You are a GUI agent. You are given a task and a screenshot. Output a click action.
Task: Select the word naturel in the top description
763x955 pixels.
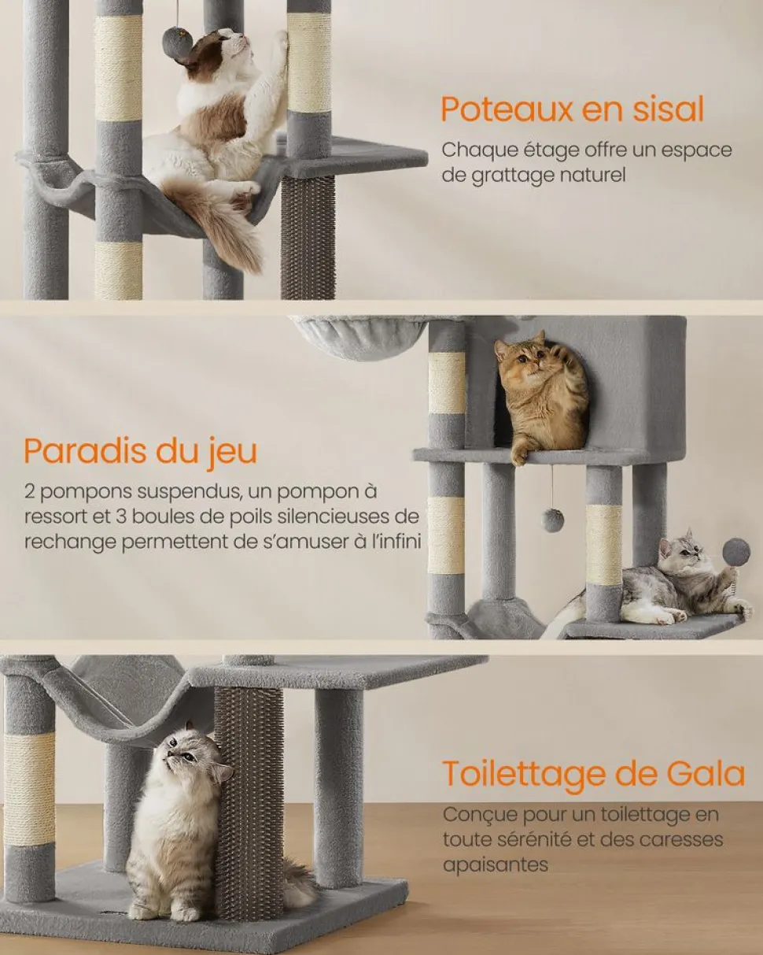593,175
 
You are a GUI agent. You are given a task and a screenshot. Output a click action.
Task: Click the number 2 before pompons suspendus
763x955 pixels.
29,492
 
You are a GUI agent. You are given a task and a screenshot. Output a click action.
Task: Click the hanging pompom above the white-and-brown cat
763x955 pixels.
176,41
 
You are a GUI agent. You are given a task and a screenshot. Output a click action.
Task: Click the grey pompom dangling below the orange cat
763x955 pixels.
552,520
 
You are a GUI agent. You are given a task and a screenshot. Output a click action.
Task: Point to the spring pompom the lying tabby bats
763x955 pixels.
736,552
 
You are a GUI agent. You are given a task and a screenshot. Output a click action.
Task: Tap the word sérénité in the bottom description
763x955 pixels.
536,839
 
